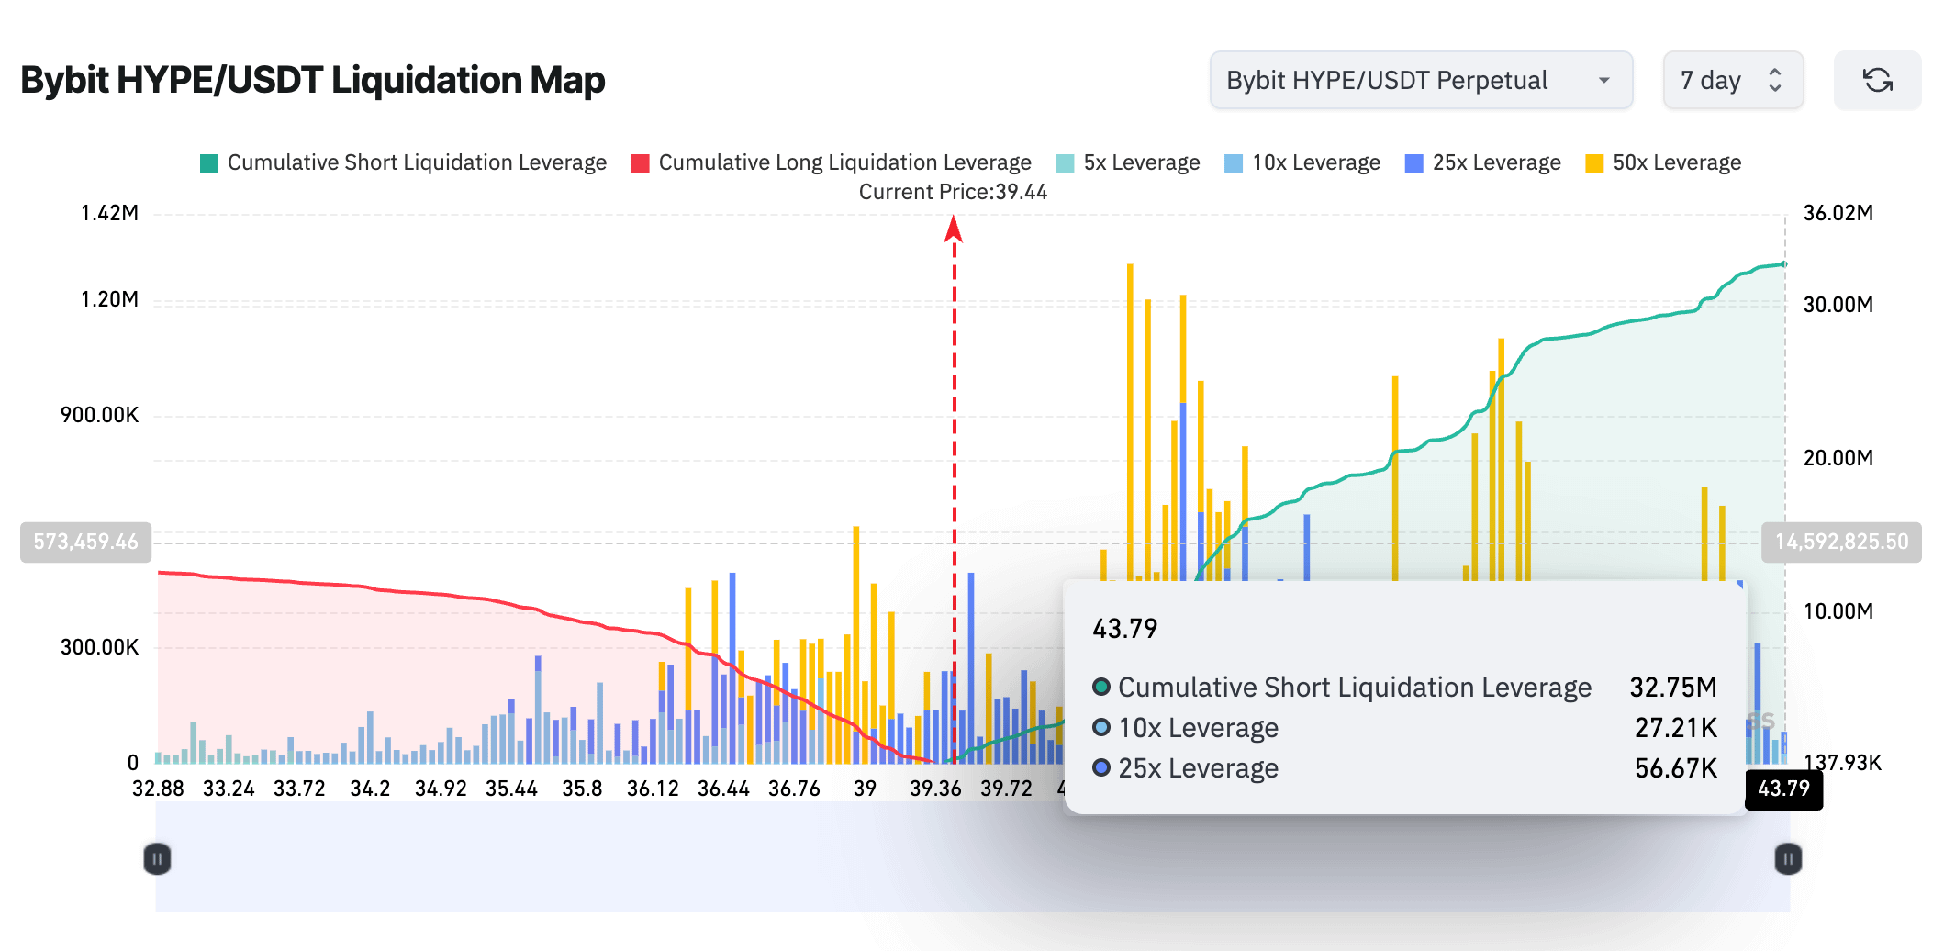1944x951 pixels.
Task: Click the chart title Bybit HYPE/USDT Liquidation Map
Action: [x=312, y=81]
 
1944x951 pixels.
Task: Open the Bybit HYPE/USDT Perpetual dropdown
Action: [x=1420, y=81]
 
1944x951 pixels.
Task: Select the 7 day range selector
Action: [x=1732, y=81]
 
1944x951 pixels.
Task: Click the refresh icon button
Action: [x=1877, y=81]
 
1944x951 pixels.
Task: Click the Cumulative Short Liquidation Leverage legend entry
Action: [x=404, y=162]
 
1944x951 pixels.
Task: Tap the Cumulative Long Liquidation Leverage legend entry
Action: [x=832, y=162]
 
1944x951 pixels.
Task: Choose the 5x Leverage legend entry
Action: [x=1128, y=162]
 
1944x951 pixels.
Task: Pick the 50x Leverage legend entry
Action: [x=1663, y=162]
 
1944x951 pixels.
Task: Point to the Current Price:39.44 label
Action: [x=953, y=192]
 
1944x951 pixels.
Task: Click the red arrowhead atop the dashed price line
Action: [x=954, y=228]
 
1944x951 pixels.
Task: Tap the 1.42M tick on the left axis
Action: [x=109, y=213]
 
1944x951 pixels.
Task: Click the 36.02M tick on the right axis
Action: [x=1838, y=213]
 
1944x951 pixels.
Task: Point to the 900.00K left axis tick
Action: [x=99, y=415]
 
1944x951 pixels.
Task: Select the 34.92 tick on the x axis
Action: [x=441, y=789]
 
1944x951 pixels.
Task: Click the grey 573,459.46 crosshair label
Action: [x=85, y=542]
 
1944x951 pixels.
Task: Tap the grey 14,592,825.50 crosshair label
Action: [x=1840, y=542]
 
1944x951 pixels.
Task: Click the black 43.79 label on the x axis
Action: [x=1783, y=789]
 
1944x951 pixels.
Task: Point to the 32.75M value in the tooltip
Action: [x=1672, y=688]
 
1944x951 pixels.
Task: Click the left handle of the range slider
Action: [x=157, y=859]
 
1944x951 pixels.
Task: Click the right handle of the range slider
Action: [x=1787, y=859]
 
